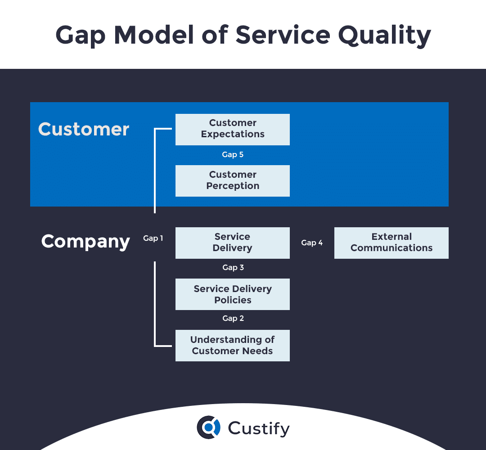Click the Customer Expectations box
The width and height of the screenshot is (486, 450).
[x=232, y=129]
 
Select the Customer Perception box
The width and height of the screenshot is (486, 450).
[x=232, y=180]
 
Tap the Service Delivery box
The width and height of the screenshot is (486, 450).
[x=232, y=243]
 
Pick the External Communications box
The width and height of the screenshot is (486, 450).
[x=391, y=243]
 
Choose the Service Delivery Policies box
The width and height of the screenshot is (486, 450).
[x=232, y=294]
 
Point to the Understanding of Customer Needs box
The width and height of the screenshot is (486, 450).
[x=232, y=345]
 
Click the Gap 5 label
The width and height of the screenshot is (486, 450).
[x=233, y=155]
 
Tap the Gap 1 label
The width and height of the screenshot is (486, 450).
[x=153, y=238]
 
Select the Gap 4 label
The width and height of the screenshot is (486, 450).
[x=312, y=243]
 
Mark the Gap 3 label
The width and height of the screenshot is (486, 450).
[x=233, y=268]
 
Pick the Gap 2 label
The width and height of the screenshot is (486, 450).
[x=233, y=319]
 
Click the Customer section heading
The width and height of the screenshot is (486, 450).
[x=84, y=129]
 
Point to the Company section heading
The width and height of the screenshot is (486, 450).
[x=85, y=242]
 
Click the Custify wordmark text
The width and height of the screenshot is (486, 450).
[x=259, y=428]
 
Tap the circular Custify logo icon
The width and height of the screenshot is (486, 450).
[x=208, y=427]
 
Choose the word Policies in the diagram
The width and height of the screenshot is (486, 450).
[x=233, y=300]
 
